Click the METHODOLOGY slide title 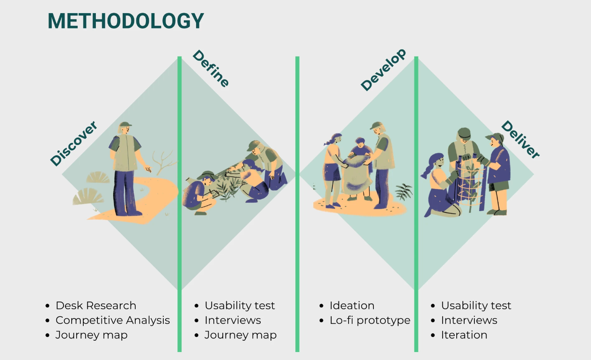(x=126, y=21)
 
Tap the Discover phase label (x=74, y=143)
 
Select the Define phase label (x=211, y=68)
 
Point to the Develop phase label (x=383, y=70)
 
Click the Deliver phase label (x=520, y=140)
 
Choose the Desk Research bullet (x=95, y=306)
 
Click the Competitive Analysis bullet (x=112, y=320)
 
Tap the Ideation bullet (x=351, y=306)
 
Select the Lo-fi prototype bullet (x=370, y=320)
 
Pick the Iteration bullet (x=464, y=335)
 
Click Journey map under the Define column (x=240, y=335)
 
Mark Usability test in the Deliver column (x=476, y=306)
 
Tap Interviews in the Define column (x=233, y=320)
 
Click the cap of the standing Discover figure (x=124, y=125)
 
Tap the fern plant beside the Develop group (x=403, y=191)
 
